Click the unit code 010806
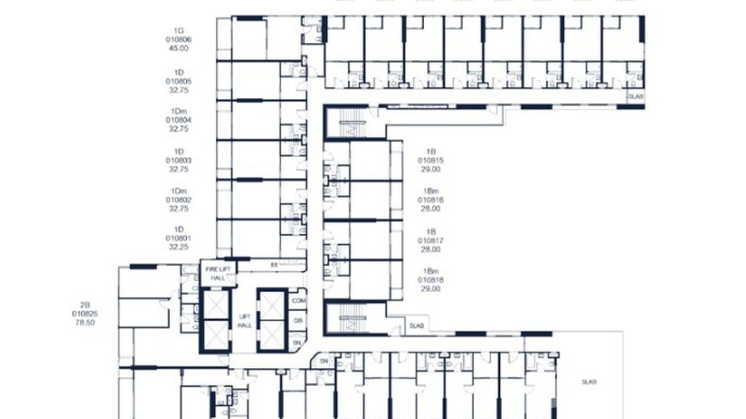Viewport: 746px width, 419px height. (x=178, y=39)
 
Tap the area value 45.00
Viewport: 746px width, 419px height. (x=178, y=48)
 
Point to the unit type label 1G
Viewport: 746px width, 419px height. (x=178, y=31)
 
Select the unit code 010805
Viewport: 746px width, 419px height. (x=178, y=81)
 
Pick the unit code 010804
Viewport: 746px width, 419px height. (x=178, y=119)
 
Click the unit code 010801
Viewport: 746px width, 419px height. (x=178, y=238)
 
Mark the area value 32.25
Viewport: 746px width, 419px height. (x=178, y=247)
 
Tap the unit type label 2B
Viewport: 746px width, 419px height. (x=85, y=305)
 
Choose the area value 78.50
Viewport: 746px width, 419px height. (x=85, y=322)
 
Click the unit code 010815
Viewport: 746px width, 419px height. (x=431, y=160)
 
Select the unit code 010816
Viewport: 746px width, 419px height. (x=431, y=199)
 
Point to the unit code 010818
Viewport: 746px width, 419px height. (x=431, y=280)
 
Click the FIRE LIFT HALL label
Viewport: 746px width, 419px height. (x=218, y=273)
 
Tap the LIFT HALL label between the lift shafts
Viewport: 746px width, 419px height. (x=245, y=321)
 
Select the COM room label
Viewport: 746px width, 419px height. (x=299, y=300)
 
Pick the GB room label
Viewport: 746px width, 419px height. (x=299, y=321)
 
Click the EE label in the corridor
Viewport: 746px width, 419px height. (x=274, y=265)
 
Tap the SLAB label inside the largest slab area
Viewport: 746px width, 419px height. (x=589, y=382)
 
